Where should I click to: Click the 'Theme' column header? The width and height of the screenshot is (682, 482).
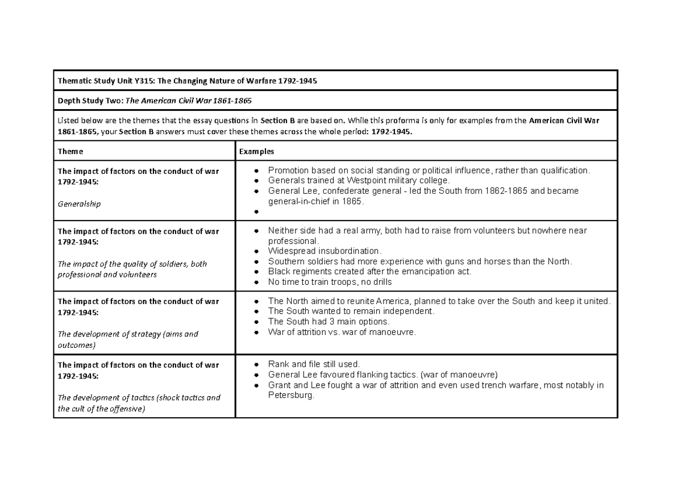70,152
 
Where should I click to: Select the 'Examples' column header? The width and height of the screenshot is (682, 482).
256,152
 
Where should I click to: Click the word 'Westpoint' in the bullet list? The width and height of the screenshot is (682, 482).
368,181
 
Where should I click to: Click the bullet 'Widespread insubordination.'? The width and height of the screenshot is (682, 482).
325,251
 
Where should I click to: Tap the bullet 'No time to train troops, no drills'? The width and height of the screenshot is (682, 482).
330,282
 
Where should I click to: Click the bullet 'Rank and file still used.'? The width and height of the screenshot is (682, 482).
314,364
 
